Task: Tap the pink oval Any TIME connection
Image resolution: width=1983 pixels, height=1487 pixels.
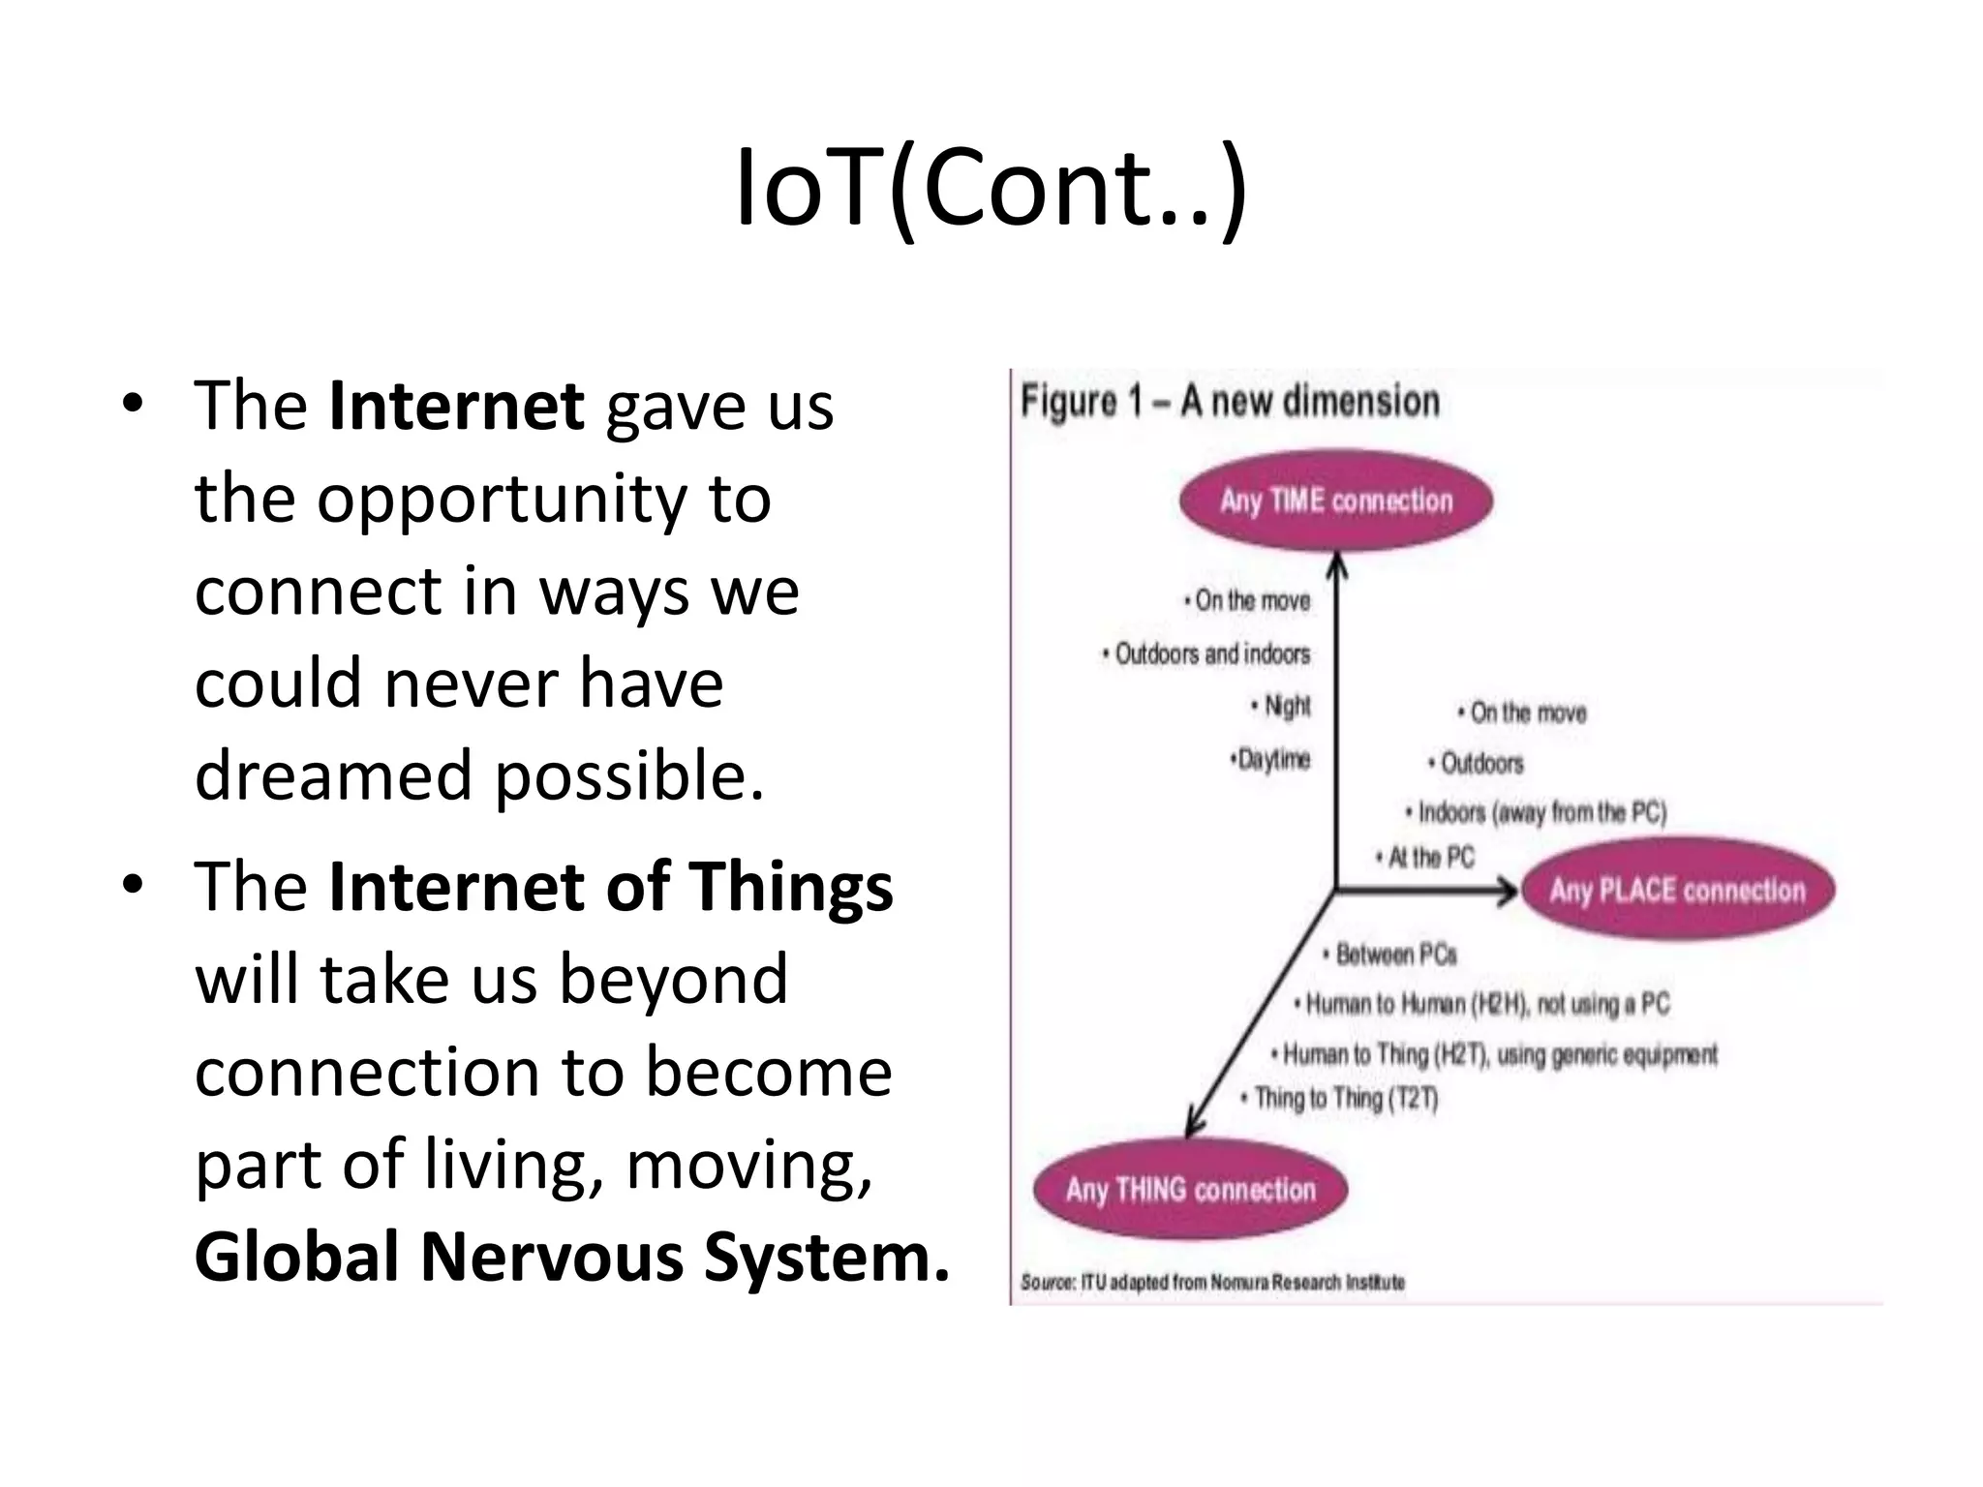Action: click(x=1335, y=501)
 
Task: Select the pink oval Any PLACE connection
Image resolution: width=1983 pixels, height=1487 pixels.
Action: click(x=1677, y=890)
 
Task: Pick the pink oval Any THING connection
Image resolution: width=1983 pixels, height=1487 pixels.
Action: click(x=1190, y=1189)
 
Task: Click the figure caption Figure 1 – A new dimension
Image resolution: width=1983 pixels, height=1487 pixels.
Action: click(x=1230, y=401)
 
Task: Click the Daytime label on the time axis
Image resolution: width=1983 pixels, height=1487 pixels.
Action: click(x=1271, y=759)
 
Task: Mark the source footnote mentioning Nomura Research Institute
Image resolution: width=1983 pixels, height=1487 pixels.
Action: click(x=1212, y=1282)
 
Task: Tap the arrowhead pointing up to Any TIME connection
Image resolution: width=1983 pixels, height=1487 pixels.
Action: click(x=1336, y=564)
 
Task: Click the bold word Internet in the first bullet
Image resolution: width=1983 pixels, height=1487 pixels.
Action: click(x=456, y=406)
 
